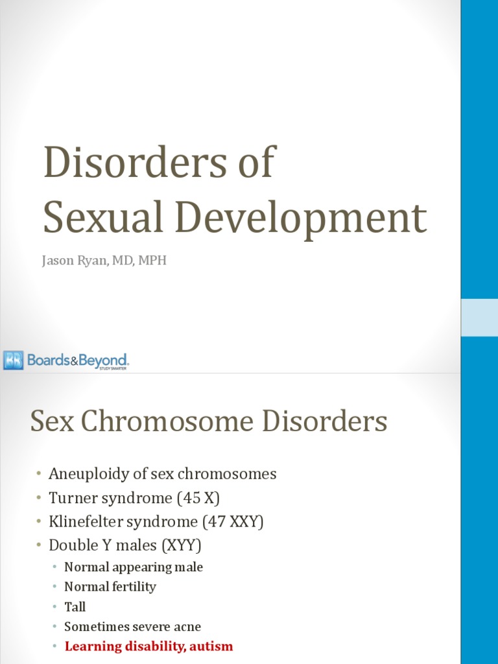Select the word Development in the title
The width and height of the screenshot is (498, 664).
pyautogui.click(x=302, y=219)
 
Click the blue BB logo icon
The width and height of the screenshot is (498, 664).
pyautogui.click(x=14, y=360)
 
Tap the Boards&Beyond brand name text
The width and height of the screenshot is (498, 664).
pyautogui.click(x=78, y=361)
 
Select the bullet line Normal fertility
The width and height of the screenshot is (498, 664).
pyautogui.click(x=110, y=587)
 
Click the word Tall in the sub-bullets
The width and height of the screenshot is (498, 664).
pyautogui.click(x=75, y=607)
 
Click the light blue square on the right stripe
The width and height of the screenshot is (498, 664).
pyautogui.click(x=479, y=318)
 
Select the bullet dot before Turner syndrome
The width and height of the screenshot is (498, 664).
pyautogui.click(x=38, y=499)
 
